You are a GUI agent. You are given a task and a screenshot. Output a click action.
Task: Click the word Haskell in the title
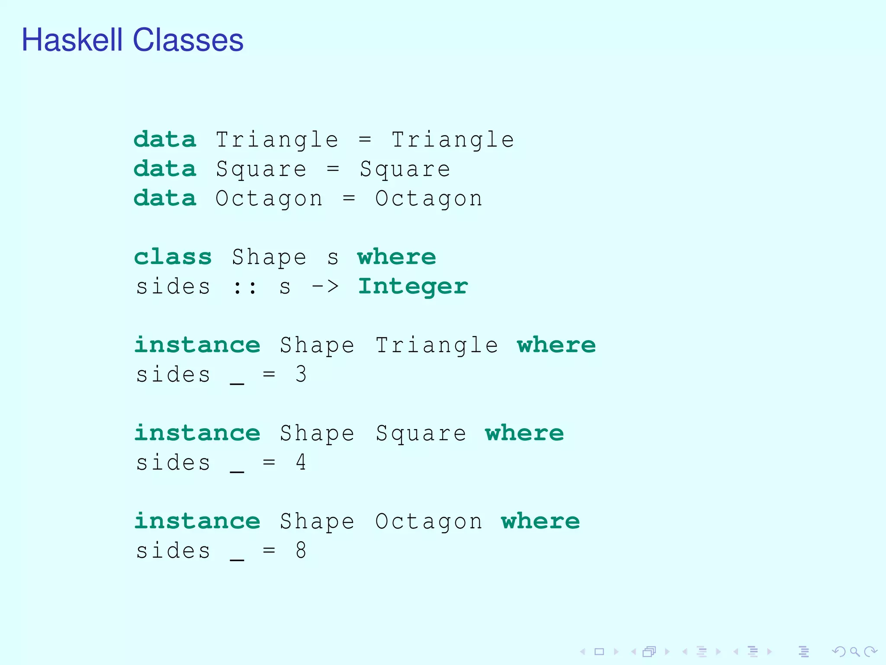(72, 40)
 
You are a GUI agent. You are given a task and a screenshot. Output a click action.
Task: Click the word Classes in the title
(188, 40)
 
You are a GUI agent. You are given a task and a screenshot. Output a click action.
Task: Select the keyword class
(173, 257)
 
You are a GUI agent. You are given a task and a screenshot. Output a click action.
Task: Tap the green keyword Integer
(413, 287)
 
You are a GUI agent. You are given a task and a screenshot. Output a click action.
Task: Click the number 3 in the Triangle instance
(301, 374)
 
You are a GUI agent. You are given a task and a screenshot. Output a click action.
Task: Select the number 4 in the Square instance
(301, 462)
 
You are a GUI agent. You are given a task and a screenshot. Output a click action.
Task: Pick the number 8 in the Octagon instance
(301, 550)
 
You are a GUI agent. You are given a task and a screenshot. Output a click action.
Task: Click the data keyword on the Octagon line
(165, 198)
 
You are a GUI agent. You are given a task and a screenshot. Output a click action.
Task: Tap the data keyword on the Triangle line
(165, 139)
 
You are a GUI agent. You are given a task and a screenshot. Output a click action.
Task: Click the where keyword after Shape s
(396, 257)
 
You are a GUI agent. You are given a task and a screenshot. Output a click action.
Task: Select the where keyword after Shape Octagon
(540, 521)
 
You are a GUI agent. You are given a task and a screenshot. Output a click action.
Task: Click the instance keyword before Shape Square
(197, 433)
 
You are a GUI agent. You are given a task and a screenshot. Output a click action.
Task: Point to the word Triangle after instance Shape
(437, 345)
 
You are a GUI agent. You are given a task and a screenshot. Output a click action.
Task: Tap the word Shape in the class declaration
(269, 257)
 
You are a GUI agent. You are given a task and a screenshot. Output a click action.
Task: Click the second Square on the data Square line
(405, 169)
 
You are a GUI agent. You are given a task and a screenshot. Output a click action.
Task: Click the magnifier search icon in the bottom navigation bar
(854, 652)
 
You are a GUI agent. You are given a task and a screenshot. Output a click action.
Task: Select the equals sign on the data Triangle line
(365, 139)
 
